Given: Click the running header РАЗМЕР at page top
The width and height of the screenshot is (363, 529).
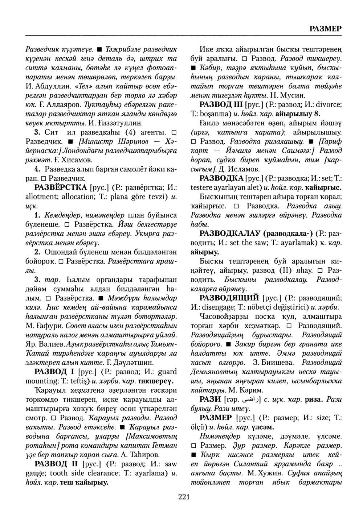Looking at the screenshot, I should coord(325,29).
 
